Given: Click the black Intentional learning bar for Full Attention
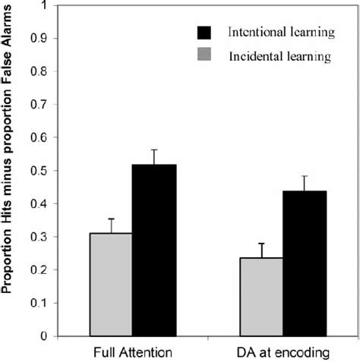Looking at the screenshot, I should click(x=154, y=250).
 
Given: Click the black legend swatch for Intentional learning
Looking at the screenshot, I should click(x=205, y=33).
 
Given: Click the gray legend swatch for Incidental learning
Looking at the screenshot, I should click(x=205, y=56).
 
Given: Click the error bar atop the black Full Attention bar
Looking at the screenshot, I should click(x=154, y=156).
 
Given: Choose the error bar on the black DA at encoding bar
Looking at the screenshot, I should click(x=305, y=183).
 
